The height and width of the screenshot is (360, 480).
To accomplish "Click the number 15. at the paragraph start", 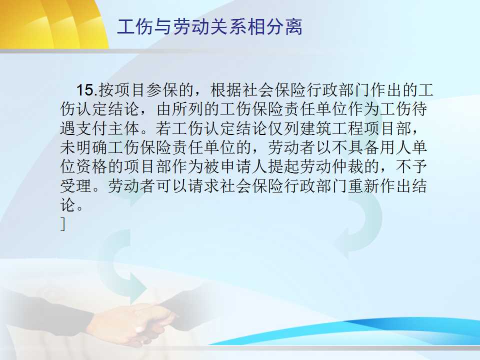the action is [x=86, y=90].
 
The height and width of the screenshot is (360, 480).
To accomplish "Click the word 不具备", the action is [x=355, y=147].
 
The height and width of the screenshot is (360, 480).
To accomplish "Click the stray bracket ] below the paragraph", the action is [x=63, y=224].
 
